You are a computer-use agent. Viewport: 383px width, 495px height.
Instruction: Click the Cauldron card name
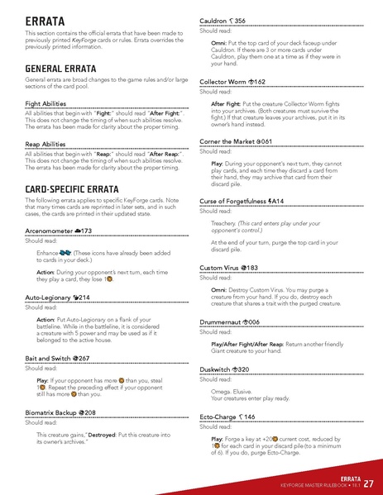tap(218, 19)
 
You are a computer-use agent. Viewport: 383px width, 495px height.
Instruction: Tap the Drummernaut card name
tap(223, 321)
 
